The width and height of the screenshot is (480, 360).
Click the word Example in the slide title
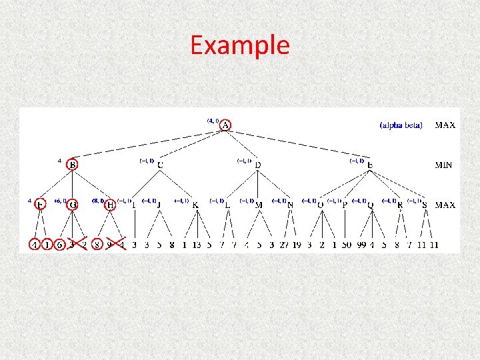pos(240,45)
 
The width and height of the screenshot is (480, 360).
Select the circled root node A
pos(226,125)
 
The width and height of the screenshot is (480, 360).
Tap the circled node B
pos(72,164)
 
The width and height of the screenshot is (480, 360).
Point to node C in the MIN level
pos(160,164)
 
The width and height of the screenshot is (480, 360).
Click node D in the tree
pos(258,164)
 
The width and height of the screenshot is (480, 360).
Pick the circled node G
pos(72,205)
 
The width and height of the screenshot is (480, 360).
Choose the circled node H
pos(110,205)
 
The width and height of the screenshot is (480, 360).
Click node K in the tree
pos(195,205)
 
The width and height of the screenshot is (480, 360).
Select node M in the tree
pos(259,205)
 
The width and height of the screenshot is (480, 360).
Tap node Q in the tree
pos(370,205)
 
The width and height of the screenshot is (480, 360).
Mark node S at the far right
pos(425,205)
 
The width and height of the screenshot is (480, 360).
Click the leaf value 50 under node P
pos(347,245)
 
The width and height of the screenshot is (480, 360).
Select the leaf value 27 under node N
pos(285,245)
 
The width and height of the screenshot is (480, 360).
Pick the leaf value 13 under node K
pos(197,245)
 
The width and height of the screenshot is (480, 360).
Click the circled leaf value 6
pos(60,245)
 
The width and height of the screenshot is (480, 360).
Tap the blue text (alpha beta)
pos(401,125)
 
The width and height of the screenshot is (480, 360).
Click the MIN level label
pos(444,165)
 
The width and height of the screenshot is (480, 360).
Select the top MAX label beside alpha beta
pos(445,125)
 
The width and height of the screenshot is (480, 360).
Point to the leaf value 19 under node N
pos(297,245)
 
